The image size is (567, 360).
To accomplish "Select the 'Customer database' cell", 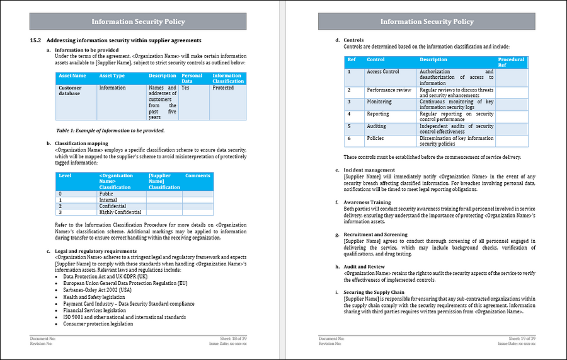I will click(70, 90).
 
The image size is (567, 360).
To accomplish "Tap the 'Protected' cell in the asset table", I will click(223, 88).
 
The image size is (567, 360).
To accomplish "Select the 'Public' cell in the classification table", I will click(106, 194).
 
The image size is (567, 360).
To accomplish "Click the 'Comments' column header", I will click(197, 176).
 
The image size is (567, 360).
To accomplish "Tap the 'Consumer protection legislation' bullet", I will click(98, 324).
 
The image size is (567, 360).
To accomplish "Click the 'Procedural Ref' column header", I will click(511, 62).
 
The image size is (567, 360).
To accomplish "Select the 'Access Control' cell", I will click(383, 72).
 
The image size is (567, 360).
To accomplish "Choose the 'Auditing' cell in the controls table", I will click(377, 126).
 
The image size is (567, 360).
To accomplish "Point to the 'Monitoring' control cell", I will click(379, 102).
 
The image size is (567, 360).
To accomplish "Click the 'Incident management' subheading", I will click(369, 170).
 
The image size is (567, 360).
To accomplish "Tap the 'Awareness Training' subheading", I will click(367, 202).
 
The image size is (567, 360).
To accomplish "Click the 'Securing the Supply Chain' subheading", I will click(374, 292).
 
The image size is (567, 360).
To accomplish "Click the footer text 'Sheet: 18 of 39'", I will click(231, 339).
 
